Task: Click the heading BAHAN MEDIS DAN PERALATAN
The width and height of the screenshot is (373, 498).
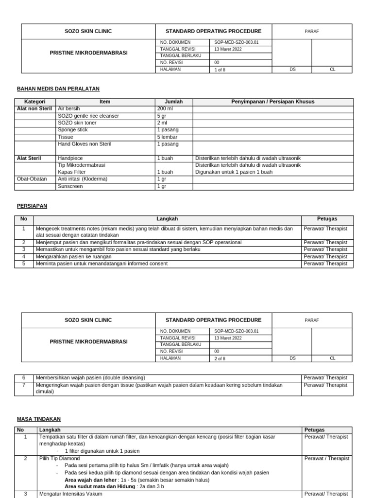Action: tap(58, 89)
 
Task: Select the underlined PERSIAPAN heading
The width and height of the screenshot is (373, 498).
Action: tap(32, 206)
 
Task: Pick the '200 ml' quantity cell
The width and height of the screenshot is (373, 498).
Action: tap(165, 109)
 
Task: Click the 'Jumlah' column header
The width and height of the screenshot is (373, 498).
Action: tap(173, 102)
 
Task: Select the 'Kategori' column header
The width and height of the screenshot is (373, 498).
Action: tap(34, 102)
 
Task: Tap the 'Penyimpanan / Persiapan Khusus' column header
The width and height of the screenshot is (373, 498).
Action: tap(272, 102)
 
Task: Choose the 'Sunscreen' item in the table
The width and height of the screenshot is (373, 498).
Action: tap(70, 186)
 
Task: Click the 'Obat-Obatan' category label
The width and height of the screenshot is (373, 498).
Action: tap(32, 179)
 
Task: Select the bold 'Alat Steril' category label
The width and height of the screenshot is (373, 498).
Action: tap(29, 158)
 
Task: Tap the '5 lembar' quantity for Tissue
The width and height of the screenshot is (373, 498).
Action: tap(167, 137)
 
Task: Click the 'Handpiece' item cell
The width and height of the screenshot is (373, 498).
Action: tap(70, 158)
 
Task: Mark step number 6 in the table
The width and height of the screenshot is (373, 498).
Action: tap(24, 378)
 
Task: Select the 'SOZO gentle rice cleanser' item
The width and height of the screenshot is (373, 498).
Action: tap(88, 116)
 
